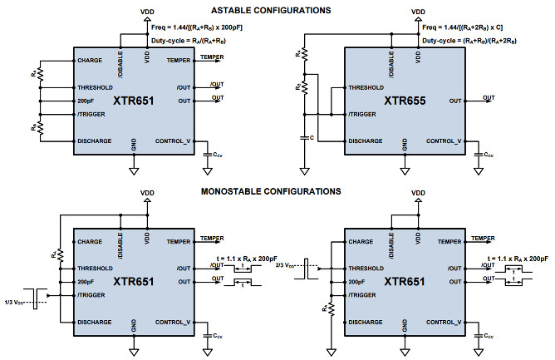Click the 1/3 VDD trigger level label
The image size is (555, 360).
pos(16,300)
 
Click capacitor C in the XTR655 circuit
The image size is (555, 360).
pos(305,138)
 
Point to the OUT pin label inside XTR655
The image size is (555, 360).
pos(455,101)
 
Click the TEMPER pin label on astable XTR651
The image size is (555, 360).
pos(179,60)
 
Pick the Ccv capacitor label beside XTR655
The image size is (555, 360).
pos(489,154)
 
